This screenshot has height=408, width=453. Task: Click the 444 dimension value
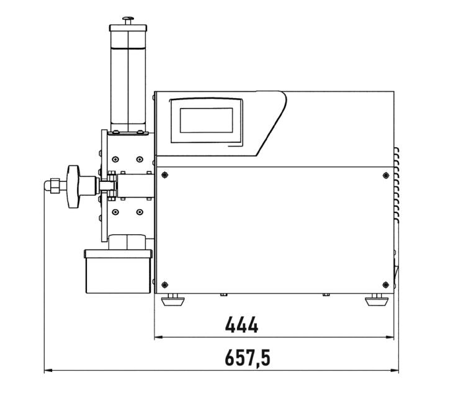tap(241, 325)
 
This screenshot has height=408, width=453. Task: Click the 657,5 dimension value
tap(248, 358)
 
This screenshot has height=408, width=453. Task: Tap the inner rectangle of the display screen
tap(206, 120)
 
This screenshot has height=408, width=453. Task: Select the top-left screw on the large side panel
tap(164, 175)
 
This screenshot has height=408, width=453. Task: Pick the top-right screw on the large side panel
tap(386, 175)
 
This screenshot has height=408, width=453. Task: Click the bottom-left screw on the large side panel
tap(164, 285)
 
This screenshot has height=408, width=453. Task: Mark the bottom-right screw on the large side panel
tap(386, 285)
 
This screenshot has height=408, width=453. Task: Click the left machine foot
tap(173, 300)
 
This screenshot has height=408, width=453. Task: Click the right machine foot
tap(377, 300)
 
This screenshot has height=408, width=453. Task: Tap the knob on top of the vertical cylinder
tap(128, 20)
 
